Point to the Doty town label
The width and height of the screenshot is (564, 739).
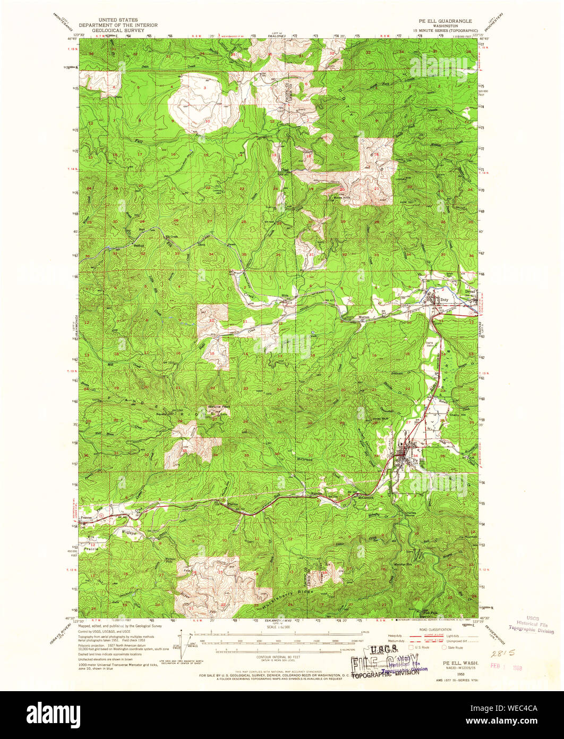pos(445,300)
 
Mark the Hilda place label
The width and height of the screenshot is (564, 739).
pos(285,295)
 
